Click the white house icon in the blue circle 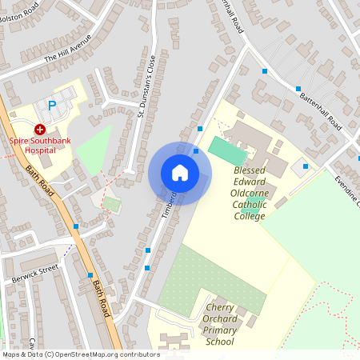point(180,173)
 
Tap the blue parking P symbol point(53,105)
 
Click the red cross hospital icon point(39,129)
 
